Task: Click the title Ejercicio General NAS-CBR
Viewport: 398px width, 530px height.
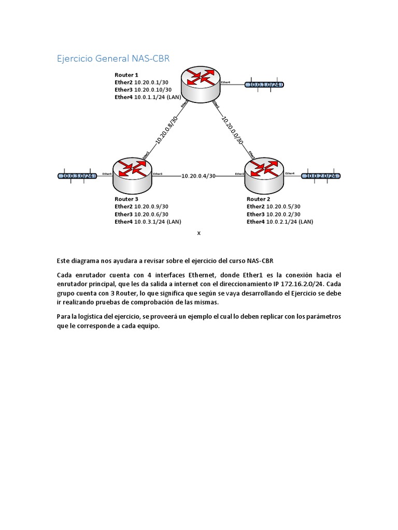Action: point(113,59)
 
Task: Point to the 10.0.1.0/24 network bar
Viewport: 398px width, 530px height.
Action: point(265,85)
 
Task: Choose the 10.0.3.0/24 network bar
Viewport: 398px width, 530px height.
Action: point(77,176)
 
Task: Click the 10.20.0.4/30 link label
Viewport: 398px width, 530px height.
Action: point(198,176)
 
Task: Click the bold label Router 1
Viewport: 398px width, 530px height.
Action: point(126,75)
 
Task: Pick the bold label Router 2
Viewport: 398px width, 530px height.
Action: point(258,199)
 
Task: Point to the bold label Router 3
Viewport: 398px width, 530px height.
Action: point(126,199)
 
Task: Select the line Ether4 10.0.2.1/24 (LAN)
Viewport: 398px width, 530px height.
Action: point(280,222)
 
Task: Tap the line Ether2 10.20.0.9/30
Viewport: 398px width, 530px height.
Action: point(141,207)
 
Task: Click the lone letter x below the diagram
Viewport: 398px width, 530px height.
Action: point(198,233)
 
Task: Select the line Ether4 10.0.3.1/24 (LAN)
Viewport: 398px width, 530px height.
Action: point(148,222)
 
